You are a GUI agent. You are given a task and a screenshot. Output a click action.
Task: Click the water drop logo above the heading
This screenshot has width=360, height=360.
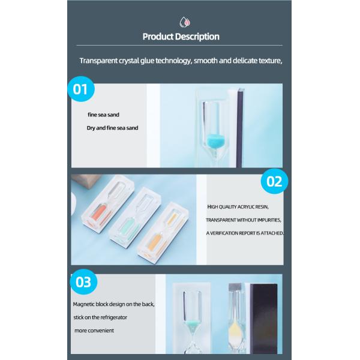point(185,22)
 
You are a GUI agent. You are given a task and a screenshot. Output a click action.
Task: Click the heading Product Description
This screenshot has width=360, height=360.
point(181,37)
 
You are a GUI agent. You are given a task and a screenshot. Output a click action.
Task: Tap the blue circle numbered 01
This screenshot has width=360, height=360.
point(81,89)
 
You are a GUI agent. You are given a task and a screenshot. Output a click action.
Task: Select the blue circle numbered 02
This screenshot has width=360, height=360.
point(274,181)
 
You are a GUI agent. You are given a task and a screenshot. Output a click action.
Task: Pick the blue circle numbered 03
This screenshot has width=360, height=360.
point(83,282)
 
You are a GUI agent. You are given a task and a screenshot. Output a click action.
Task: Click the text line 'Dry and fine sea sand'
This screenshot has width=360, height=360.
point(112,128)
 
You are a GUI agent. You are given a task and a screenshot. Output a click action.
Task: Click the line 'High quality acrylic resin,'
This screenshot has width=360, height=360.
point(238,207)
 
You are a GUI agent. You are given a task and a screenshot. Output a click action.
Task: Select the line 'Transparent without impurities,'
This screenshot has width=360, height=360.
point(244,220)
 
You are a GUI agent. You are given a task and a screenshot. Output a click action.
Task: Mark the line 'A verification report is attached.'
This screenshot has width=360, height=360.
point(245,233)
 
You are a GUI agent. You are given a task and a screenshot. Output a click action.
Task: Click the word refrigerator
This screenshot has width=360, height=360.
point(113,317)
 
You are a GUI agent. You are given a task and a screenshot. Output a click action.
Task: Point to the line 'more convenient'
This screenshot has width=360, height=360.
point(94,331)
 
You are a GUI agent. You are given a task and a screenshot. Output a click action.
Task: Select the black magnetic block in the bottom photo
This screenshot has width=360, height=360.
point(263,318)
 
